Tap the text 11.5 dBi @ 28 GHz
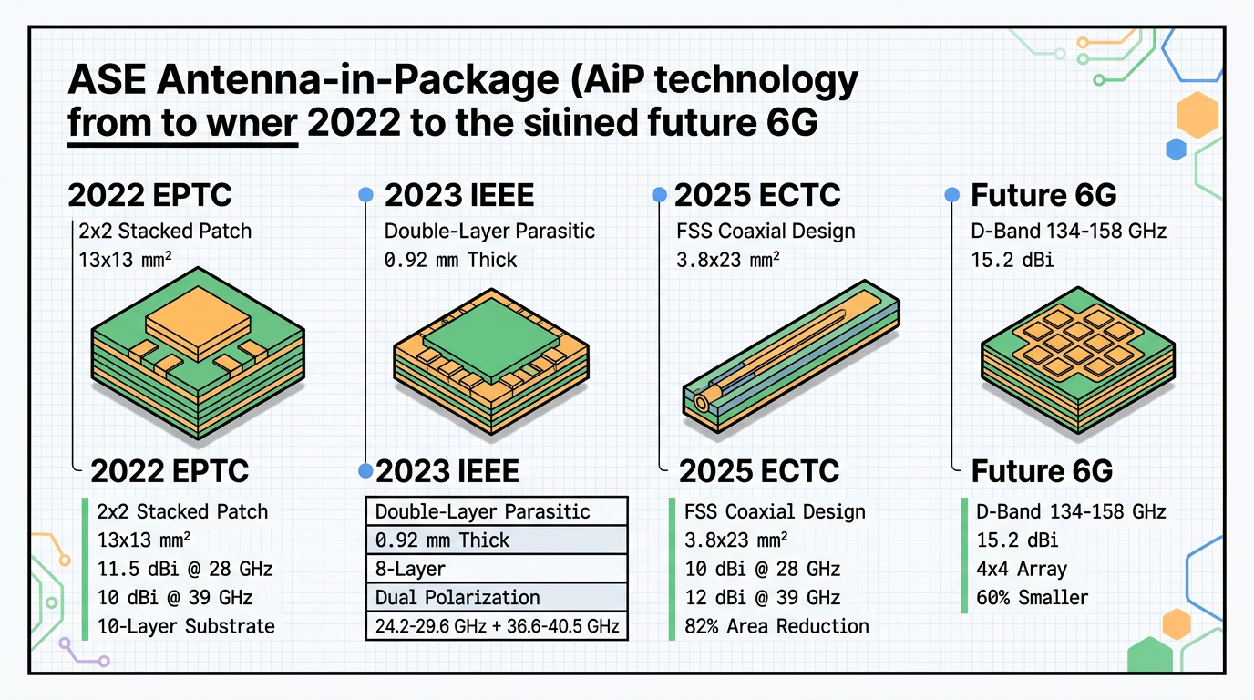tap(184, 569)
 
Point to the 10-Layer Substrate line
tap(185, 626)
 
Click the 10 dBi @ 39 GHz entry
tap(174, 598)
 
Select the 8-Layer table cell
tap(497, 569)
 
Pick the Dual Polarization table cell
tap(497, 598)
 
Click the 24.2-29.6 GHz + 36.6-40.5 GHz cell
tap(497, 626)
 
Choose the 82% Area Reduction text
tap(776, 626)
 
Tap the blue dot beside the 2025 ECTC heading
tap(658, 194)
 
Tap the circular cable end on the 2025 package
tap(702, 401)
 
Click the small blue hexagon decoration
tap(1176, 149)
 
